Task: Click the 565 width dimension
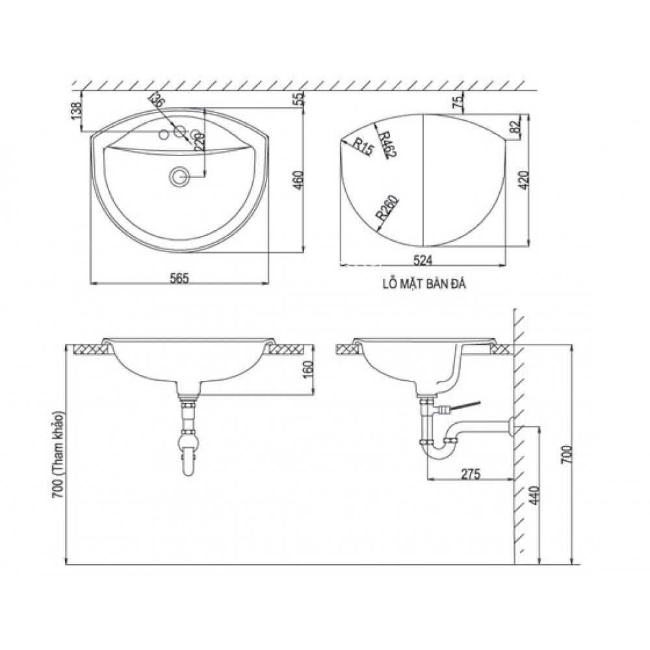pos(179,278)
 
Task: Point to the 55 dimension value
pos(298,99)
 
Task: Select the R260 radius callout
pos(386,211)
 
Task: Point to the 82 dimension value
pos(517,128)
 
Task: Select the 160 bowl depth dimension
pos(309,372)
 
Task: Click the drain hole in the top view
pos(179,175)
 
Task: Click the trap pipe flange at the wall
pos(513,426)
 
